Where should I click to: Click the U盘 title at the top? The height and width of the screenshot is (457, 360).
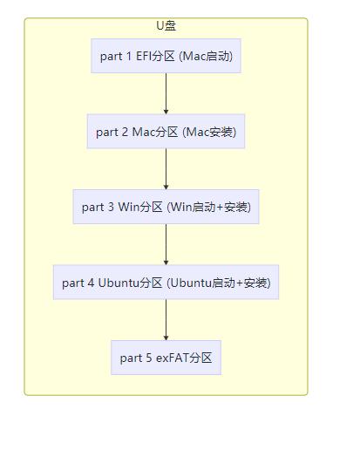pos(166,26)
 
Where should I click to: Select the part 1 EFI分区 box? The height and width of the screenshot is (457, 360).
pos(166,57)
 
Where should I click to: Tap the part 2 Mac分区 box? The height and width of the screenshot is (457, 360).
pos(166,132)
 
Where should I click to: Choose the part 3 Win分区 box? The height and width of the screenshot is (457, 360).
pos(166,207)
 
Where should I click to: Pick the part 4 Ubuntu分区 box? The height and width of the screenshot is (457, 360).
pos(166,283)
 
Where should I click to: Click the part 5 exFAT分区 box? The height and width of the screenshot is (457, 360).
pos(166,358)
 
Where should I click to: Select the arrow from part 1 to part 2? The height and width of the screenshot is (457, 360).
pos(166,93)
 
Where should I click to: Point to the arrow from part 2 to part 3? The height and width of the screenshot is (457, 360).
pos(166,169)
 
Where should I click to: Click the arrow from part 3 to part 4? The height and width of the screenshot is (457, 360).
pos(166,244)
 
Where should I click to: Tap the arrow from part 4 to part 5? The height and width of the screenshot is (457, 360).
pos(166,319)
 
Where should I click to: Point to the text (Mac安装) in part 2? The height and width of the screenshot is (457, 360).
pos(209,132)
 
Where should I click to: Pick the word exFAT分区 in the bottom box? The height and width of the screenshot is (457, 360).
pos(184,358)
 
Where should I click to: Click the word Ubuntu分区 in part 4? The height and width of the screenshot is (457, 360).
pos(130,283)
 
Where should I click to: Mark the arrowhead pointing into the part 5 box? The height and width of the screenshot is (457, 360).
pos(166,336)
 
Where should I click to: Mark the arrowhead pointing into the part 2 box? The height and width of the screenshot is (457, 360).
pos(166,110)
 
